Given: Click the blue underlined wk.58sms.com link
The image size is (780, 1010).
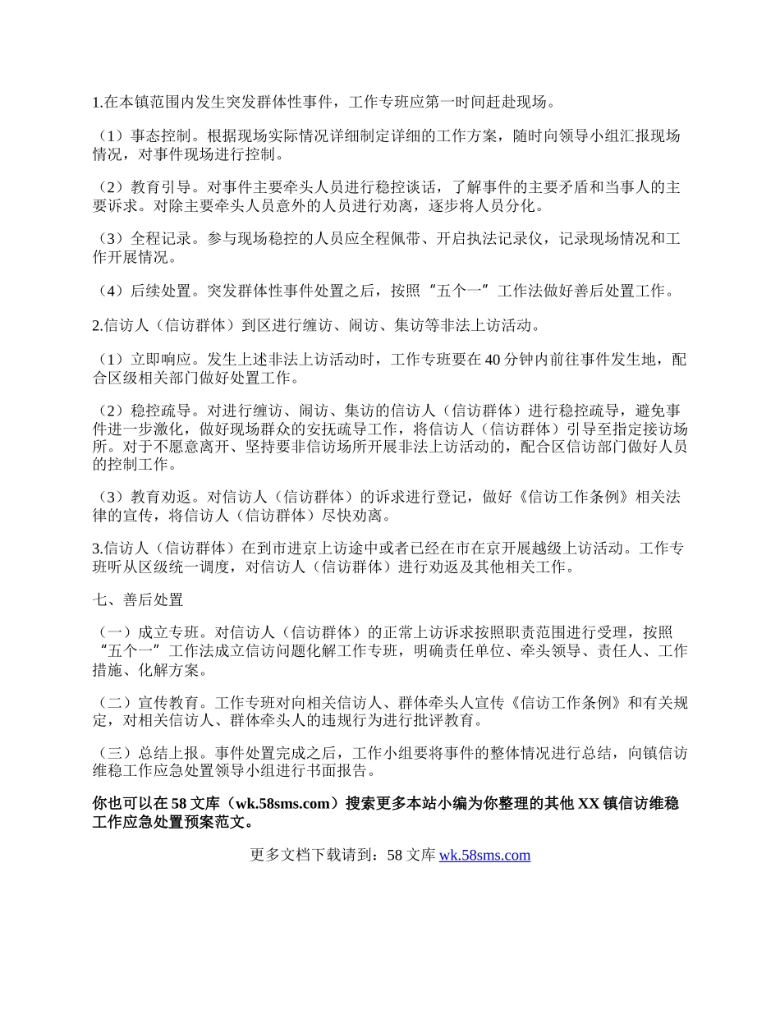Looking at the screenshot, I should (484, 856).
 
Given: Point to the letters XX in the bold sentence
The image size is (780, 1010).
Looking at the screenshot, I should (589, 804).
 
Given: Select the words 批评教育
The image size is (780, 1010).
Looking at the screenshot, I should (447, 720).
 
